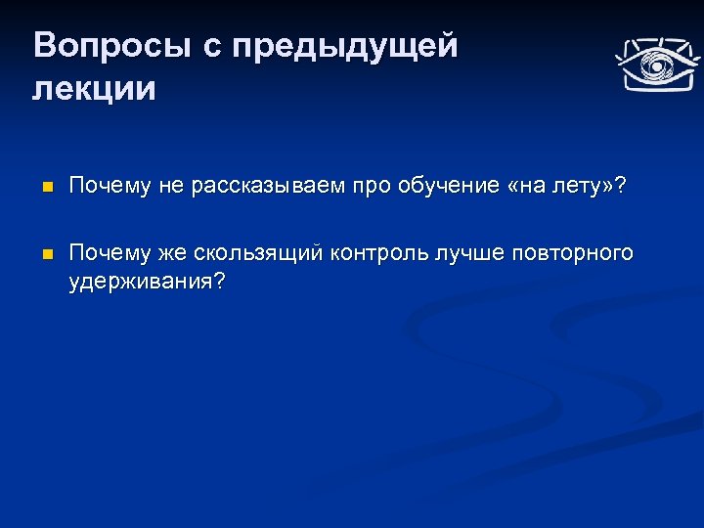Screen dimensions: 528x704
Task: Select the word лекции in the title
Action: click(x=94, y=89)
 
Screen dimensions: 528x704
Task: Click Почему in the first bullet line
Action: click(x=106, y=187)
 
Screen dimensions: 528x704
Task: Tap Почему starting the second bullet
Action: click(x=106, y=253)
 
